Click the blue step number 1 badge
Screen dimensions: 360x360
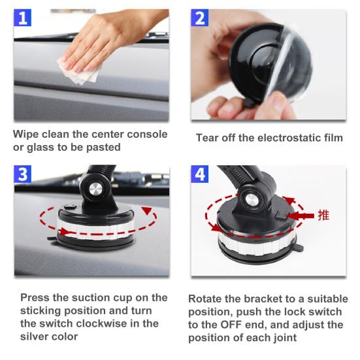coord(24,18)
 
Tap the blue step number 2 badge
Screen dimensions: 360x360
coord(201,18)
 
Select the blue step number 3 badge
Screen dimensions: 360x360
coord(24,174)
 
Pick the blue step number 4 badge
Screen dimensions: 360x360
coord(201,174)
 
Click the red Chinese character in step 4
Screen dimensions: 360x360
coord(323,215)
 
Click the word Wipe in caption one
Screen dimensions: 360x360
coord(27,134)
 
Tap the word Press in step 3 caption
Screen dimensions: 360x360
coord(36,297)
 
